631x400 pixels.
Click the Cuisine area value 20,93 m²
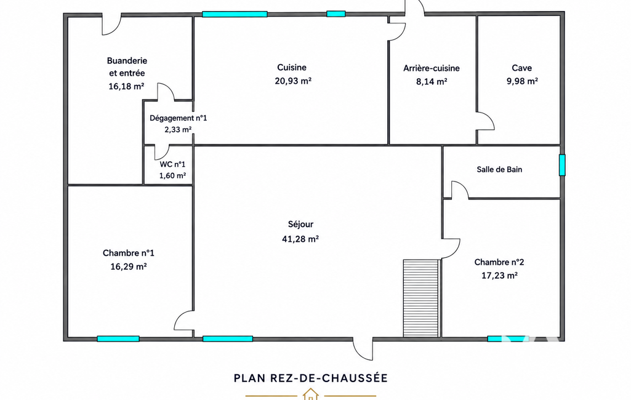[x=294, y=81]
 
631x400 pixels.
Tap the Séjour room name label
[x=300, y=225]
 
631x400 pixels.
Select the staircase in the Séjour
[x=421, y=298]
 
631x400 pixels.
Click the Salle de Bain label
[x=499, y=169]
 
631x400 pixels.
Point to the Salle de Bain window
[x=562, y=165]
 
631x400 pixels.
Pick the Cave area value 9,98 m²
[x=522, y=81]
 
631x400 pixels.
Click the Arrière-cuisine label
[x=432, y=68]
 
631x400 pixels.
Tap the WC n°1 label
[x=172, y=164]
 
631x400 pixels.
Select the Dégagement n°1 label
[x=179, y=118]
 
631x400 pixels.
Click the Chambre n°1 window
[x=118, y=339]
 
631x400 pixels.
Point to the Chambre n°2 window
[x=506, y=339]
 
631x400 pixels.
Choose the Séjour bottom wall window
[x=228, y=339]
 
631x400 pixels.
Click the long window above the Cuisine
[x=235, y=14]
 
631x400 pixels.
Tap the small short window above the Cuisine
[x=336, y=14]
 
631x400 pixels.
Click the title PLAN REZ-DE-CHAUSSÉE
[x=311, y=378]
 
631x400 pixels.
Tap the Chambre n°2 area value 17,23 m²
[x=499, y=276]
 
